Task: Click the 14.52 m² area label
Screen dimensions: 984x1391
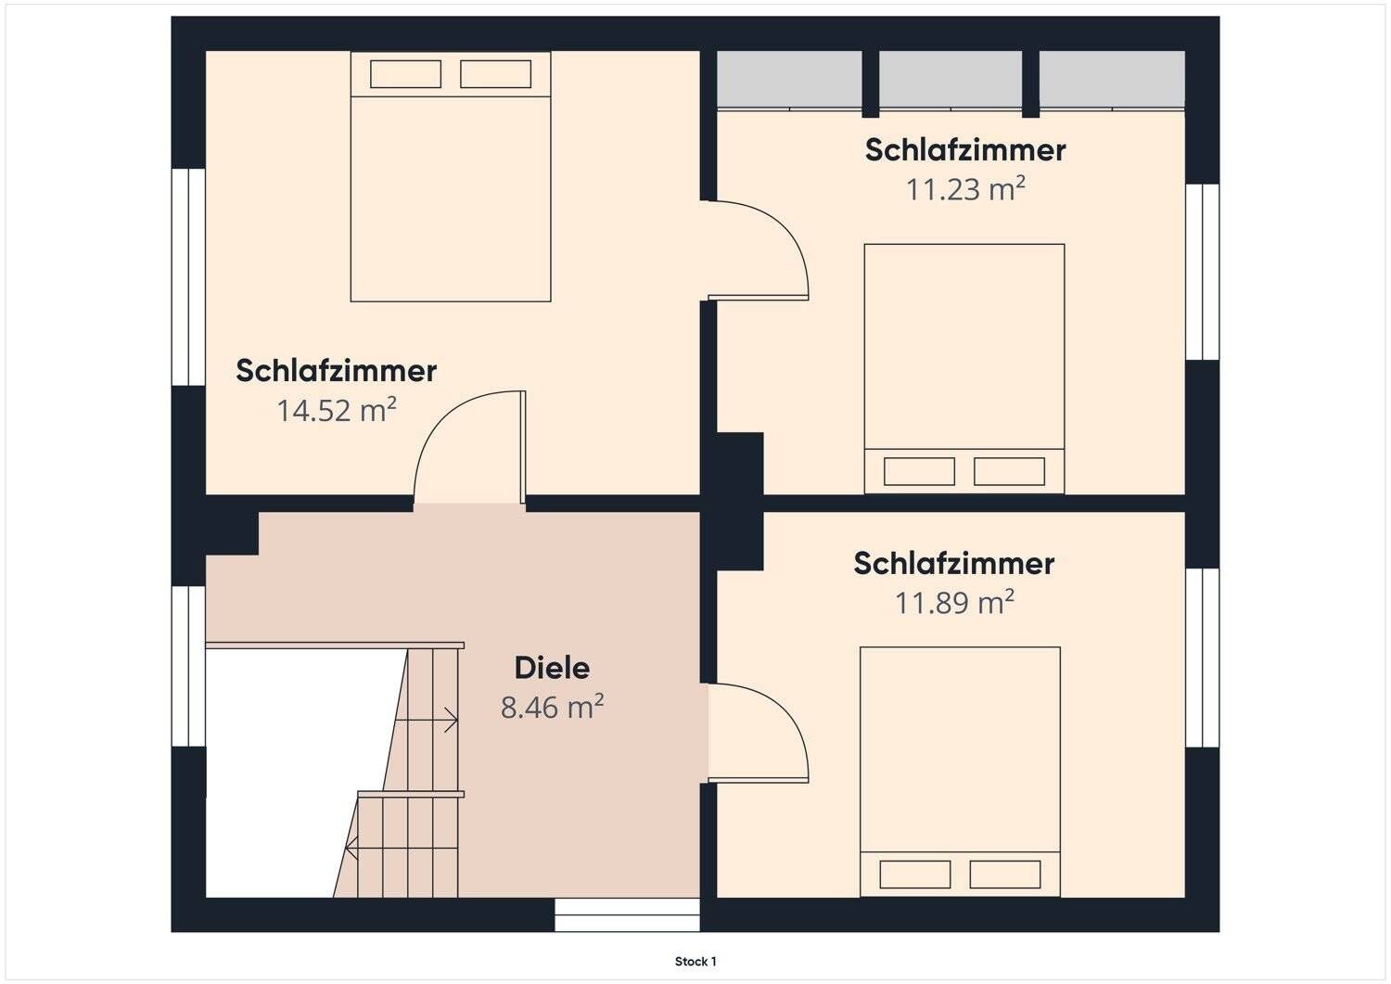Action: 337,410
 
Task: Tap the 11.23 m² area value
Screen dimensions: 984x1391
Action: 965,189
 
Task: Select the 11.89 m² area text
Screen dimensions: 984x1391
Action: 954,603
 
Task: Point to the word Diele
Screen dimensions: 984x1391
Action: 552,668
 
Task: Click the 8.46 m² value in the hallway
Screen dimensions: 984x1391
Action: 552,708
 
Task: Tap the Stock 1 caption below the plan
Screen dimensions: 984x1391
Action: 695,962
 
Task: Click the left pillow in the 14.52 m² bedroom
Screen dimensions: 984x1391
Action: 405,74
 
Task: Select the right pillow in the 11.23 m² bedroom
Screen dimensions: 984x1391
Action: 1009,471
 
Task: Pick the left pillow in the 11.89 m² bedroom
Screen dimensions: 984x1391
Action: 915,875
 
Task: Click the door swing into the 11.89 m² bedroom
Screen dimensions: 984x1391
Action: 760,733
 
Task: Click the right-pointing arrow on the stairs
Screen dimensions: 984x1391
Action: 450,720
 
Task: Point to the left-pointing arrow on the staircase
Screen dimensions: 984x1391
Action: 351,847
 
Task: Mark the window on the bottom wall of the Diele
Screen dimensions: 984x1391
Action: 627,914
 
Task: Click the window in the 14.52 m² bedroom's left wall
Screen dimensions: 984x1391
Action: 188,276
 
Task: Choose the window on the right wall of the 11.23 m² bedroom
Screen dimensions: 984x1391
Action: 1202,271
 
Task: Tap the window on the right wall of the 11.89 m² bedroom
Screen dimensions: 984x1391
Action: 1202,657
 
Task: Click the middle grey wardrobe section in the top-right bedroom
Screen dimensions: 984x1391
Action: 951,79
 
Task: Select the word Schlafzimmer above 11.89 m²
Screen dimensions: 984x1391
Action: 954,563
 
